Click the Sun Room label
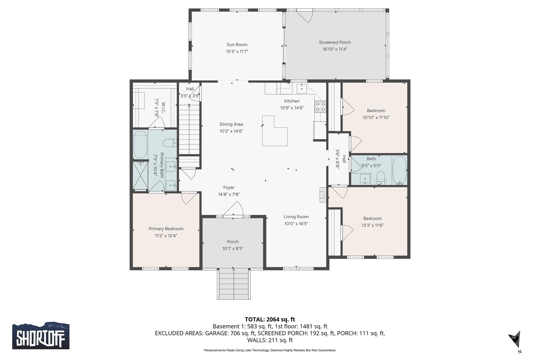(237, 45)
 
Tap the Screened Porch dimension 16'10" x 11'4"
(335, 49)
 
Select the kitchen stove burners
(320, 107)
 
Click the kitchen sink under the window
(302, 88)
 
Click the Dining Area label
(231, 124)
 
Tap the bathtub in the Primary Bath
(140, 145)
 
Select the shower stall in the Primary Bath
(140, 175)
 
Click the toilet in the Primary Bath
(170, 143)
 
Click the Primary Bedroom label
(166, 229)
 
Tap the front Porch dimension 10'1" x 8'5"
(233, 248)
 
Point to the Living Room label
(296, 217)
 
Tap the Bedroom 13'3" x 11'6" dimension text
(372, 225)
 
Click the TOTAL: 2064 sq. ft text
(270, 319)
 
